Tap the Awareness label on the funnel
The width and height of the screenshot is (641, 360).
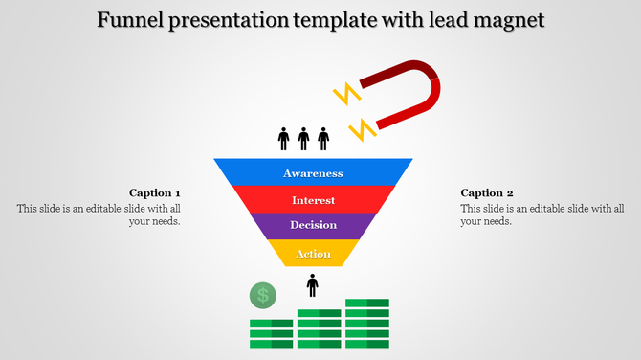(313, 173)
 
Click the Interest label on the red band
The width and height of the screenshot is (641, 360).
(313, 200)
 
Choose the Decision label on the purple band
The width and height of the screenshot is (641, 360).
(313, 226)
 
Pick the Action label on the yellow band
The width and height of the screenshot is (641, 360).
(313, 254)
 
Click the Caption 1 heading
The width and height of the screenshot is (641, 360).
(155, 192)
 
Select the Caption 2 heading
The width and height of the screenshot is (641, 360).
(487, 192)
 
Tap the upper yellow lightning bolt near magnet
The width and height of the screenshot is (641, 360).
(345, 94)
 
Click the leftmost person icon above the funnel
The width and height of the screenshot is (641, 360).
(283, 140)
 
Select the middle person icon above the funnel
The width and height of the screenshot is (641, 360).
(303, 140)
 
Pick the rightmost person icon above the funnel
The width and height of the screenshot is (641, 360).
(323, 140)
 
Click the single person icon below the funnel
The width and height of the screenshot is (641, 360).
(312, 285)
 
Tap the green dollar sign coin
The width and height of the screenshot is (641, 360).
(262, 296)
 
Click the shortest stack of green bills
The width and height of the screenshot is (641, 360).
(272, 333)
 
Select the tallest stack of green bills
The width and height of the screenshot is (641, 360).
(367, 324)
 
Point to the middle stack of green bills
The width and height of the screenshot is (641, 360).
(320, 328)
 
